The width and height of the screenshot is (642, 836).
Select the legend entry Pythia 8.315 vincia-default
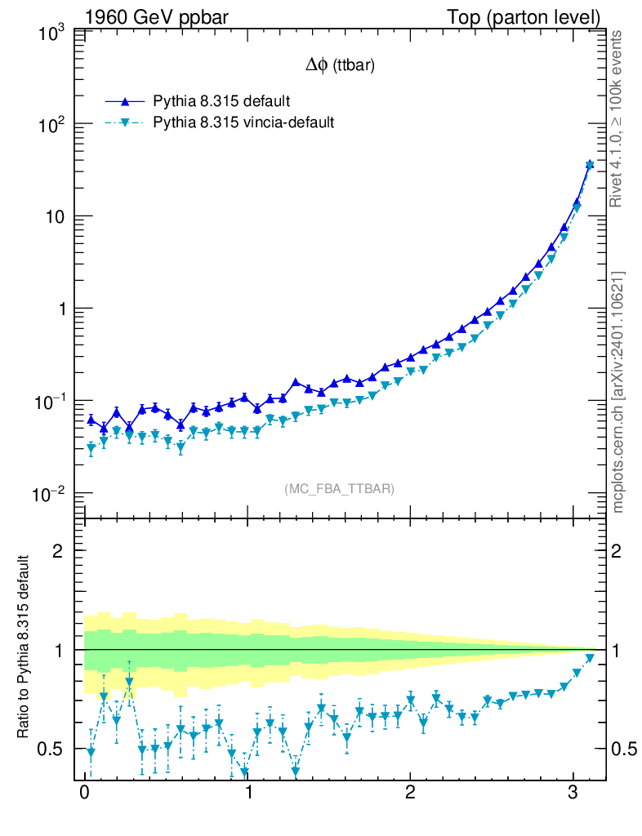tap(243, 122)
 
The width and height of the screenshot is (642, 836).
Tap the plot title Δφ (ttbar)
tap(340, 66)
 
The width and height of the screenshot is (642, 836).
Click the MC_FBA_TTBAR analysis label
tap(339, 489)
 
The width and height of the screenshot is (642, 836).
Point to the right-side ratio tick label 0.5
tap(624, 749)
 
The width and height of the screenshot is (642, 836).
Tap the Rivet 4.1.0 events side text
tap(618, 118)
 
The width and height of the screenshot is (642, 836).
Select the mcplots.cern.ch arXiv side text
tap(618, 392)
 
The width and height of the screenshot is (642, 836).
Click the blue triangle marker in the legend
tap(124, 102)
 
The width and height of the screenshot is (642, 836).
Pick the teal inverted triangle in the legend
tap(124, 122)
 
